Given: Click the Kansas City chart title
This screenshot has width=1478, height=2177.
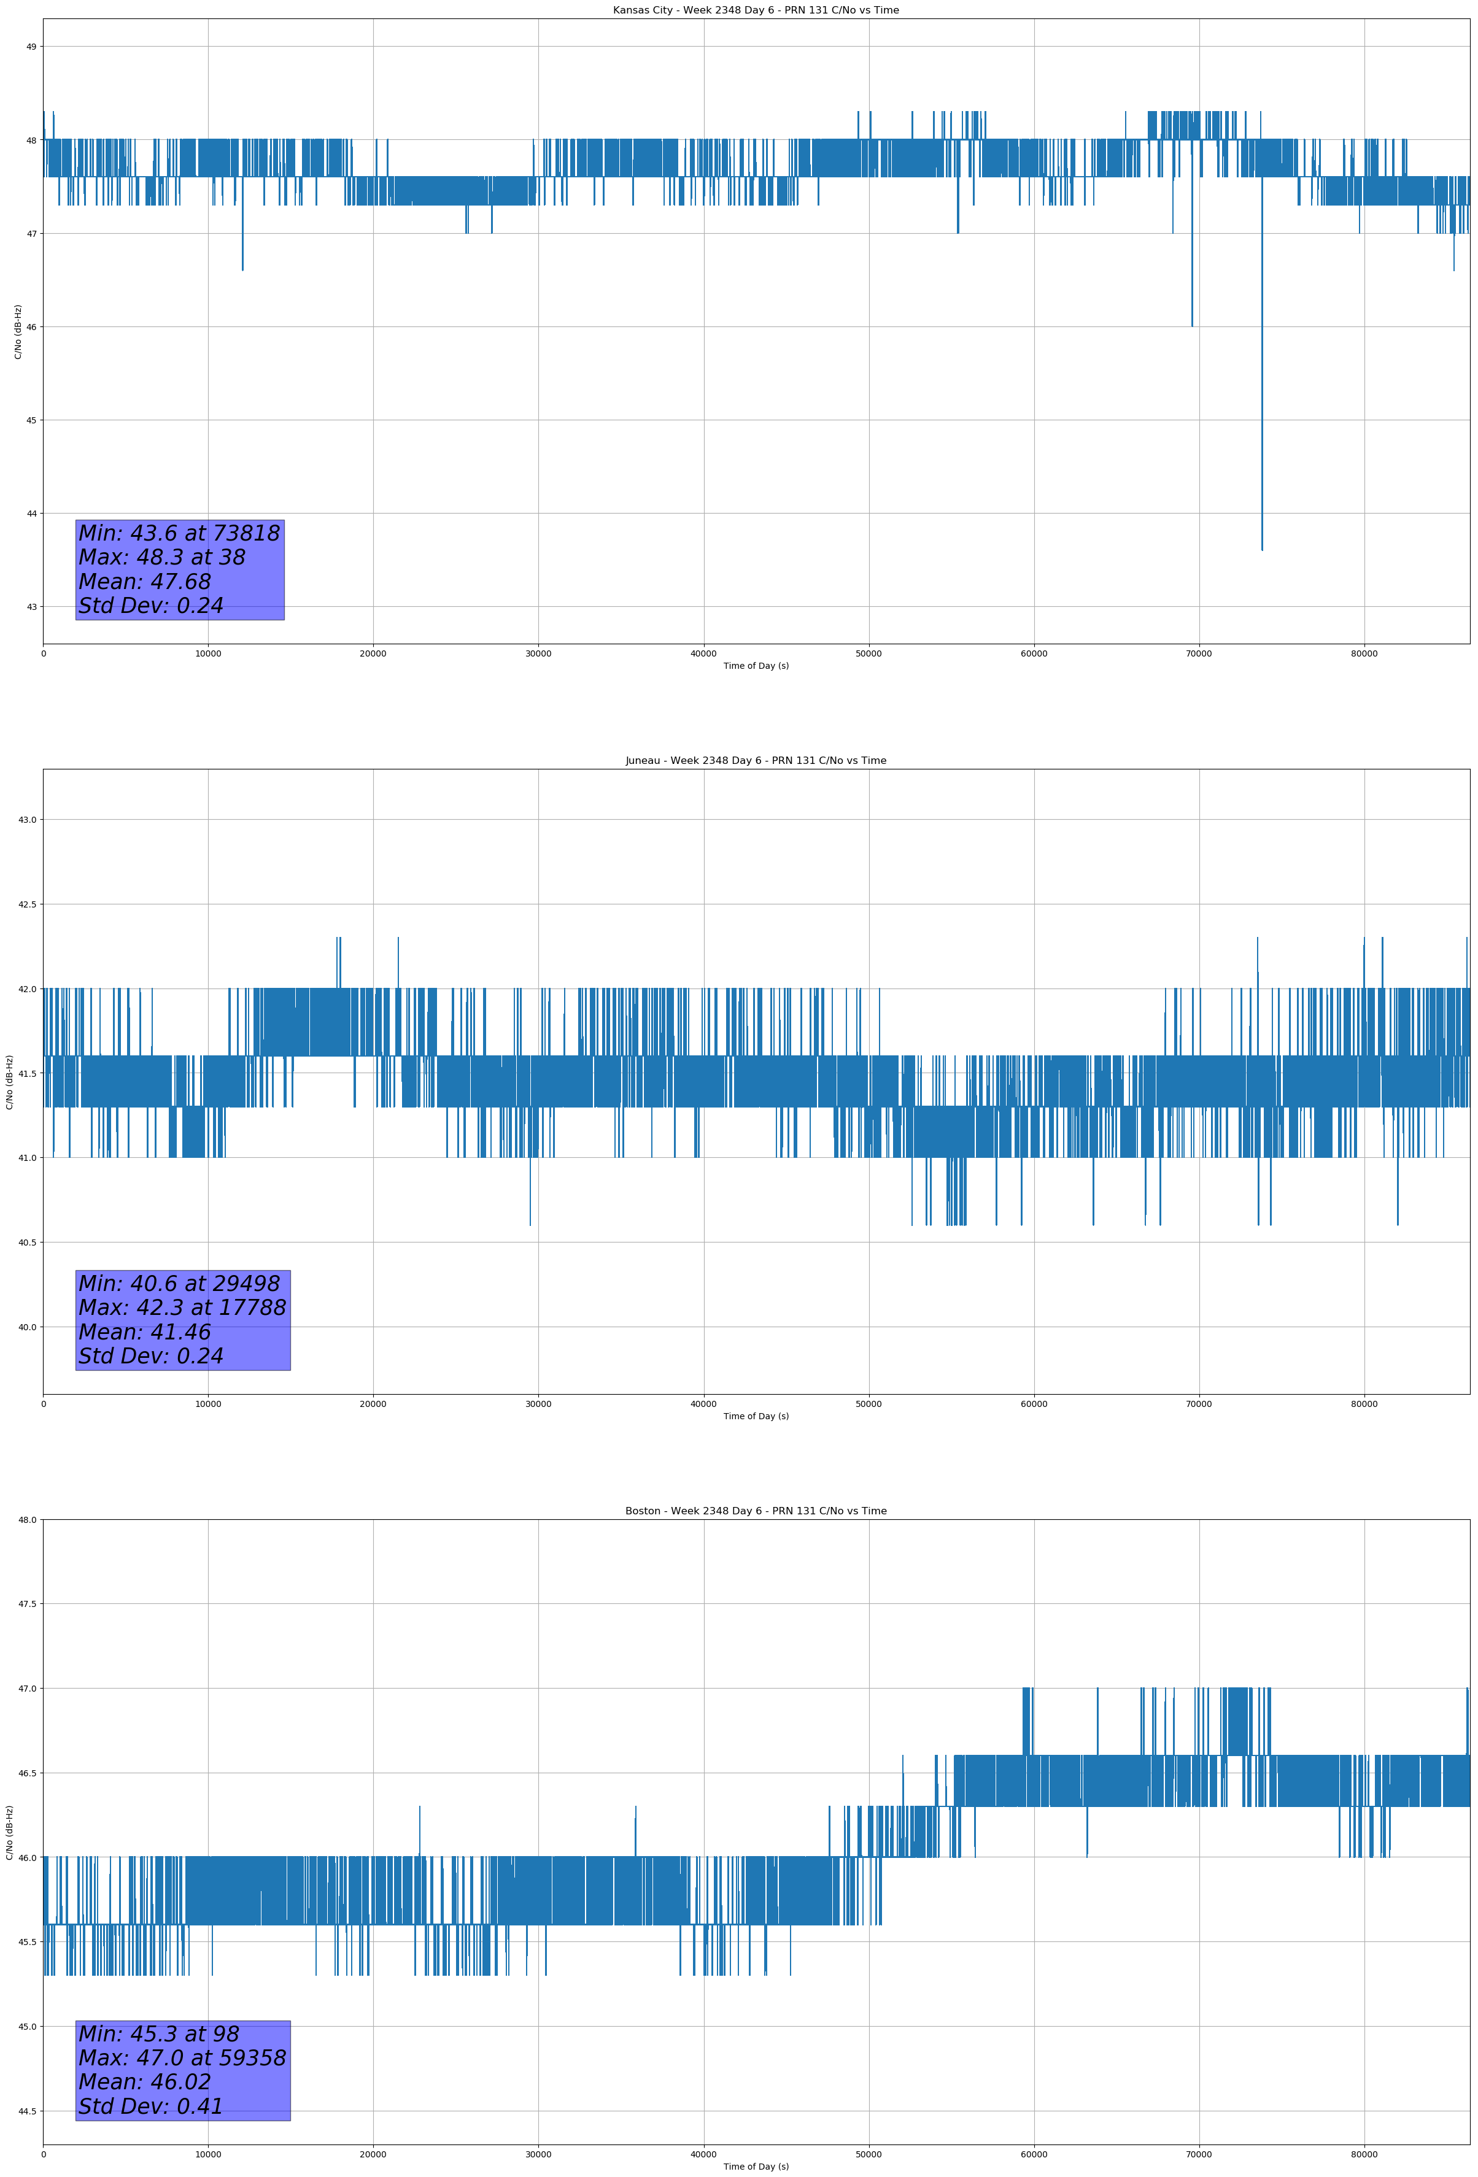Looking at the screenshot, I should pos(756,10).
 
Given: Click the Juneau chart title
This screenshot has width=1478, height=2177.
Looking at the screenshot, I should pos(756,761).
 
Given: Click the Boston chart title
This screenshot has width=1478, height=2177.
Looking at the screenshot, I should pos(756,1511).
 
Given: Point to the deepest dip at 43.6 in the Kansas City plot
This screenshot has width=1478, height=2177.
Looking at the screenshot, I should pos(1261,548).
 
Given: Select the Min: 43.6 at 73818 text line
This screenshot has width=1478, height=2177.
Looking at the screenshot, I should pos(179,533).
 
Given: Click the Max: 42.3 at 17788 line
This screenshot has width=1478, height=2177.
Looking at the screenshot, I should pos(182,1308).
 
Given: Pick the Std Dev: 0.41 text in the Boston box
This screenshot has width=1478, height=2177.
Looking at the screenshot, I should pos(151,2106).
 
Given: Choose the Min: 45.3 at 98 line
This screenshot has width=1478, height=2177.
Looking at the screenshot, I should pos(158,2033).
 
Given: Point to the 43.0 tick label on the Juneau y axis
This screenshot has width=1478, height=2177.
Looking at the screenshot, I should pos(27,820).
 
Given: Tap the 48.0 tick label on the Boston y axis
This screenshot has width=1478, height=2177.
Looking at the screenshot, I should pos(27,1519).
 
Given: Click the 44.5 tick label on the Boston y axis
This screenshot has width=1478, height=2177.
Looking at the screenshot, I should pos(27,2111).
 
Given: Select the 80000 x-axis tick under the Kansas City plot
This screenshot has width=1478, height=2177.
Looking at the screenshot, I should pos(1364,654).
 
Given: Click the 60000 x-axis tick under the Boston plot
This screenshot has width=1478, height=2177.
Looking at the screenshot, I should pos(1034,2154).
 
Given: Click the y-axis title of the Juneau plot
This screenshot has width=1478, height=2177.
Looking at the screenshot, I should pos(9,1082).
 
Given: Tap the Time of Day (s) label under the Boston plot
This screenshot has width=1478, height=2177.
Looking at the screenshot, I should pos(756,2167).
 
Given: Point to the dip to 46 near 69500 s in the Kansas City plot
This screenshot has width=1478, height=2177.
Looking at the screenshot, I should pos(1192,323).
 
